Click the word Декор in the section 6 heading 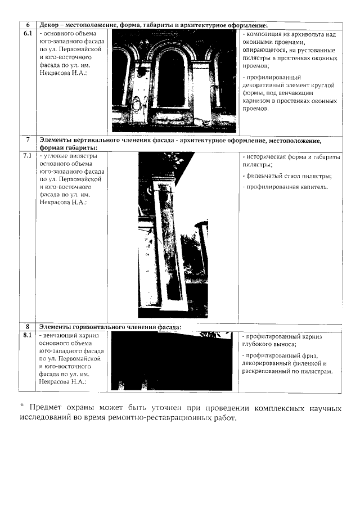[51, 25]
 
